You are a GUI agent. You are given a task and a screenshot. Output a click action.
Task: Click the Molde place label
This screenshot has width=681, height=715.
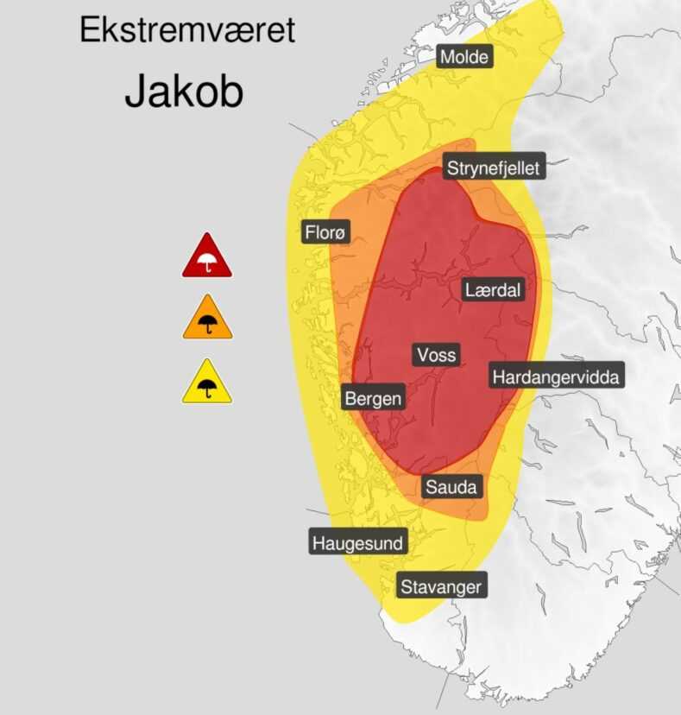(x=464, y=58)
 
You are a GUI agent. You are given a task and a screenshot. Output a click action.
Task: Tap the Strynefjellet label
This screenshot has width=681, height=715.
(x=493, y=168)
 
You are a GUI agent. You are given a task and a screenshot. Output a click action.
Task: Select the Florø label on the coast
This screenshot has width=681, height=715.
(x=325, y=232)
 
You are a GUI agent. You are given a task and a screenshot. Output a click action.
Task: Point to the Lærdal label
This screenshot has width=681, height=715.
(x=492, y=290)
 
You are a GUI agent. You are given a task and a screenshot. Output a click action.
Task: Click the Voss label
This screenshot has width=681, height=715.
(x=436, y=355)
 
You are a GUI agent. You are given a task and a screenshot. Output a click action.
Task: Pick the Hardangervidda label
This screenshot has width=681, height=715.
(x=555, y=377)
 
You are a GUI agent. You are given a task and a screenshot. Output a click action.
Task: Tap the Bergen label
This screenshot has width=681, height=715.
(x=373, y=399)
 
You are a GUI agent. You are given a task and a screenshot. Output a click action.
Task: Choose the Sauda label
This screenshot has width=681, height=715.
(x=451, y=487)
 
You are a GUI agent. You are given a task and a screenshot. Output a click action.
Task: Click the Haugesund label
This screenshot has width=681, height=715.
(x=357, y=543)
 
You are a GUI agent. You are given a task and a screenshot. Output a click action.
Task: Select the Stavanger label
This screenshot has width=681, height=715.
(x=440, y=587)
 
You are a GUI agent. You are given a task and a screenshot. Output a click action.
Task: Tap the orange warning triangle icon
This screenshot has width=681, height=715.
(x=207, y=320)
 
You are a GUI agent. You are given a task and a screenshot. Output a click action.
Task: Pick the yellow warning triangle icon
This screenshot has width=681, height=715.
(x=207, y=383)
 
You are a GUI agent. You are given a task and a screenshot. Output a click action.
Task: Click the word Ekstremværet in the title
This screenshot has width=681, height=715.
(x=187, y=30)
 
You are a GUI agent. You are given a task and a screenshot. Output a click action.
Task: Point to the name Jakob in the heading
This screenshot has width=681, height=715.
(x=184, y=91)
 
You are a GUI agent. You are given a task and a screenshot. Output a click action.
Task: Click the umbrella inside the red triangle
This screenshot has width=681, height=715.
(x=206, y=263)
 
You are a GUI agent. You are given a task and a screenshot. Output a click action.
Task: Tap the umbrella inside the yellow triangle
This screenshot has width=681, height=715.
(x=207, y=389)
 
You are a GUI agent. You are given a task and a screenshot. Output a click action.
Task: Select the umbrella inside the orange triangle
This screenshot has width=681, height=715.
(x=207, y=325)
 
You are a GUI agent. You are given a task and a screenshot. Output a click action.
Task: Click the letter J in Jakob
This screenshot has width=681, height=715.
(x=136, y=91)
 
